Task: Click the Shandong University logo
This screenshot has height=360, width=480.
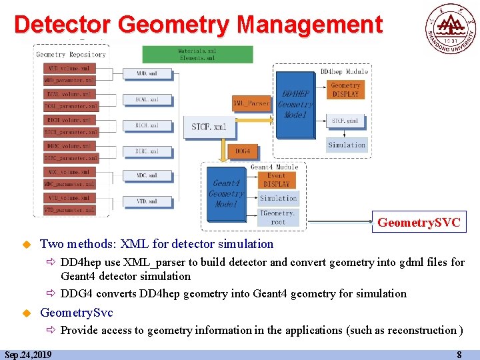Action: pyautogui.click(x=451, y=28)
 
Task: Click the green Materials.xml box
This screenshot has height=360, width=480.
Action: pyautogui.click(x=197, y=54)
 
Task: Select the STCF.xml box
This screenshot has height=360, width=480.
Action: pyautogui.click(x=209, y=127)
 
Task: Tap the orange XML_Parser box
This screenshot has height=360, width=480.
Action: pyautogui.click(x=251, y=103)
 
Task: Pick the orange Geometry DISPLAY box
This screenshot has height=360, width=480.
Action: pyautogui.click(x=346, y=90)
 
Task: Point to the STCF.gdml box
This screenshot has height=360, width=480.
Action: pyautogui.click(x=346, y=121)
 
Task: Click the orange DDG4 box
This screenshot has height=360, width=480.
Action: pyautogui.click(x=242, y=151)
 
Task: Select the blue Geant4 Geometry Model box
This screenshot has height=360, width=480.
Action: pyautogui.click(x=226, y=193)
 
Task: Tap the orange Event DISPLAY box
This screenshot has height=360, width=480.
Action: pyautogui.click(x=277, y=180)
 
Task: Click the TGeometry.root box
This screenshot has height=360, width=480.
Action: pyautogui.click(x=278, y=217)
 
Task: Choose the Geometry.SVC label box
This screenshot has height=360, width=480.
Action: pyautogui.click(x=419, y=223)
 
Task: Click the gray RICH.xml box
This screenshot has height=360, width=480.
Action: pyautogui.click(x=146, y=125)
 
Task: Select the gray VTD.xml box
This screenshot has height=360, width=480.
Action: pyautogui.click(x=146, y=201)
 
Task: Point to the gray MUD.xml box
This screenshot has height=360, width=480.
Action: pyautogui.click(x=146, y=73)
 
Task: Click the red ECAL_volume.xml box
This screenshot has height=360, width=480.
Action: pyautogui.click(x=70, y=94)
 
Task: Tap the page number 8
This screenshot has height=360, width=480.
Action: pyautogui.click(x=459, y=355)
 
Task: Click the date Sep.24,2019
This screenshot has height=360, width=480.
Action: pyautogui.click(x=28, y=355)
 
